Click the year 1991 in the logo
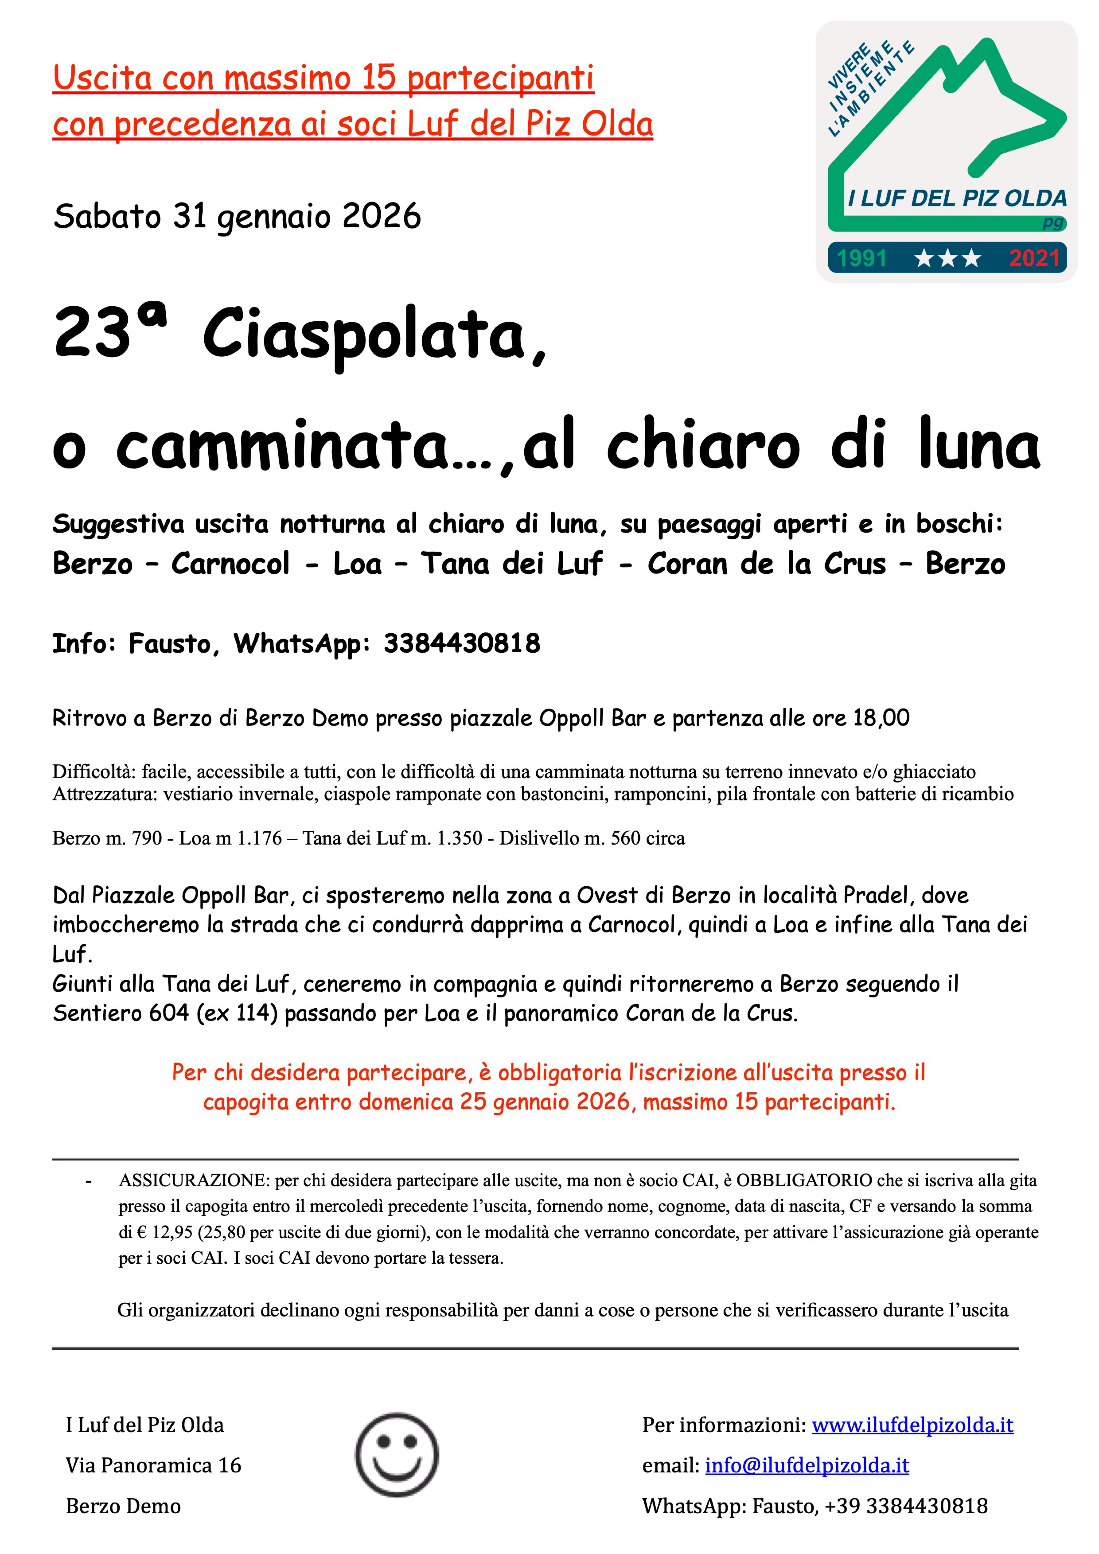click(861, 258)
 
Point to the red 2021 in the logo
click(1033, 258)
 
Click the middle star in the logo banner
click(947, 258)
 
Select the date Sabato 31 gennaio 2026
click(237, 217)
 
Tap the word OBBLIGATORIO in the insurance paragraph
click(804, 1181)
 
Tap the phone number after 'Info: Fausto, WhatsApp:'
click(462, 643)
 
